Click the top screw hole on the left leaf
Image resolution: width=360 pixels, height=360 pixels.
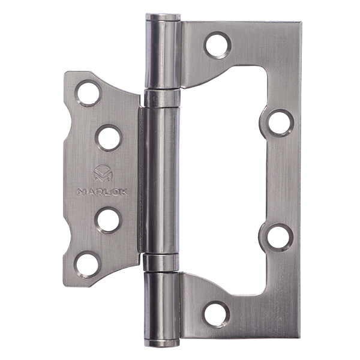coord(88,93)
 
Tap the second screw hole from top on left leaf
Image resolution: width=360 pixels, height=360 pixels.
coord(109,138)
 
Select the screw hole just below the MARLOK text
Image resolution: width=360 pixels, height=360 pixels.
coord(108,220)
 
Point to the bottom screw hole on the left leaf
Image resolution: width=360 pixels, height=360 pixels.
coord(88,265)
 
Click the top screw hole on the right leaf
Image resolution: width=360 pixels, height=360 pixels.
coord(217,45)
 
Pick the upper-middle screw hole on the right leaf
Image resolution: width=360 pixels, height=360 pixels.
coord(280,123)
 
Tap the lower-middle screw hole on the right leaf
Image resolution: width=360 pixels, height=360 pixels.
coord(279,237)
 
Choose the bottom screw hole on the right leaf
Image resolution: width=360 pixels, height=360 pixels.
coord(216,314)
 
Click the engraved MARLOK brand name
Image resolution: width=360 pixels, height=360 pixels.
coord(102,192)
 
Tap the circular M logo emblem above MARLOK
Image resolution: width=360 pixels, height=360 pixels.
coord(103,173)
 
